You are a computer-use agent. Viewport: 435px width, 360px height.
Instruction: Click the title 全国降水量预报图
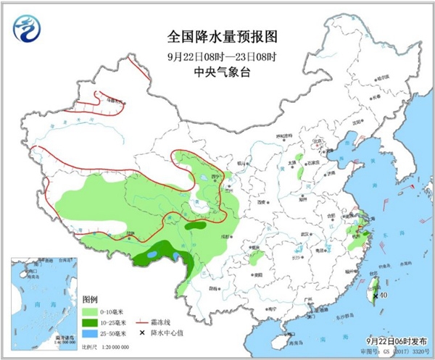click(217, 35)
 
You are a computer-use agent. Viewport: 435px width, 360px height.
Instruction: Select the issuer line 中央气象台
click(217, 71)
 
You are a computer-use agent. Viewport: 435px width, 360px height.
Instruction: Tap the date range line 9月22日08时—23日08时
click(217, 54)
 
